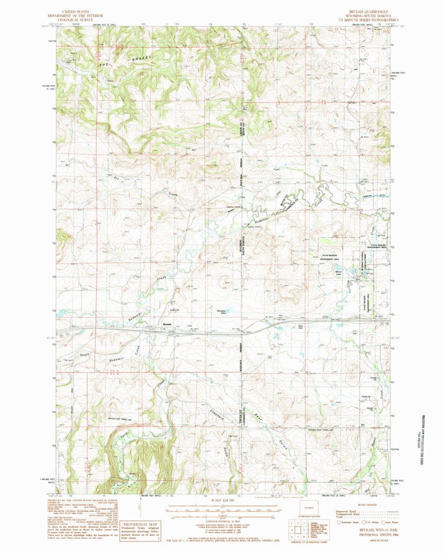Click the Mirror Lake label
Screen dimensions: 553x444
click(339, 272)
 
